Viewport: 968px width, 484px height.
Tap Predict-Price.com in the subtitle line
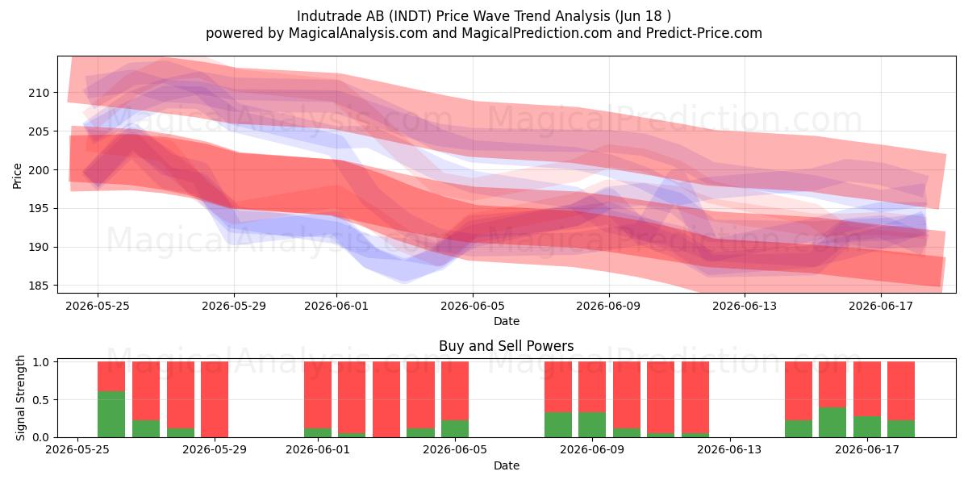tap(704, 33)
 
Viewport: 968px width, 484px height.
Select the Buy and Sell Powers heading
tap(506, 346)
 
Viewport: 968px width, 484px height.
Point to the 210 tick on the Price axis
tap(39, 93)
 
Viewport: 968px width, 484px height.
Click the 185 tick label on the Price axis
tap(39, 286)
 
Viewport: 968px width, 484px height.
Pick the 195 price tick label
tap(39, 209)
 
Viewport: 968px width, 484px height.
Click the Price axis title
tap(17, 176)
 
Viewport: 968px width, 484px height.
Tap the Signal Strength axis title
tap(20, 398)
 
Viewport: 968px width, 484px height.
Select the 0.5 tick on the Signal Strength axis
tap(41, 400)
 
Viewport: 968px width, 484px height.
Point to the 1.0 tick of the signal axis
tap(41, 362)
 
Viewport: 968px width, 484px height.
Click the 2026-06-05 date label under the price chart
tap(473, 306)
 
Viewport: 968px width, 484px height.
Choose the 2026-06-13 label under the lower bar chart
tap(729, 450)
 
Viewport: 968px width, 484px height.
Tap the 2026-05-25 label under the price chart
tap(98, 306)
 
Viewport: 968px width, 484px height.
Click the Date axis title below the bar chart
tap(507, 465)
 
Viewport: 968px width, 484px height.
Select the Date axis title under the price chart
tap(507, 321)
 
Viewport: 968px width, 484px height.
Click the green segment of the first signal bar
tap(111, 415)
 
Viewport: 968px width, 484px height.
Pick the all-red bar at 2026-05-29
tap(215, 399)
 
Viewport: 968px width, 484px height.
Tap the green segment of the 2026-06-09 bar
tap(592, 425)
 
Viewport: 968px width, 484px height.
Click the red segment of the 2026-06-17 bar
tap(867, 389)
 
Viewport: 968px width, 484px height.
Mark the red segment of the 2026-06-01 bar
tap(318, 395)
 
